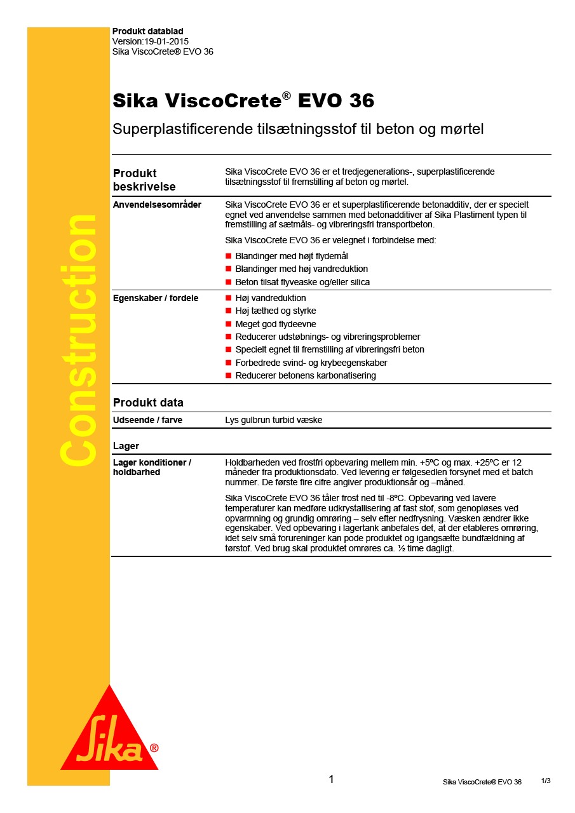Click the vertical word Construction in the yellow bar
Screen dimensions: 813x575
tap(78, 340)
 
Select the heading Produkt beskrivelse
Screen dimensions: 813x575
tap(144, 180)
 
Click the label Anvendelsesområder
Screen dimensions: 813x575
tap(157, 205)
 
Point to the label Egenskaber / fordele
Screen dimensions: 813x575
tap(155, 298)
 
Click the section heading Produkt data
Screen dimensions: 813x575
tap(147, 403)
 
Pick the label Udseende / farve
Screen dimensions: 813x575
tap(147, 420)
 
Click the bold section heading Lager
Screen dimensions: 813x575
tap(126, 446)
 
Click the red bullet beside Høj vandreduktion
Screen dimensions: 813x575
tap(229, 298)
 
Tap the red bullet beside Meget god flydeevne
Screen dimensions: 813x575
tap(229, 324)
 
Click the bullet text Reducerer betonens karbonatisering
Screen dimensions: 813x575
tap(305, 375)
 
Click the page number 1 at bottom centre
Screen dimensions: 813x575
tap(331, 779)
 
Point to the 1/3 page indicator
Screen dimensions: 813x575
tap(546, 781)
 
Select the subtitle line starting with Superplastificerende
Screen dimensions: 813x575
tap(298, 130)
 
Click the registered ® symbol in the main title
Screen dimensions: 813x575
tap(287, 95)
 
